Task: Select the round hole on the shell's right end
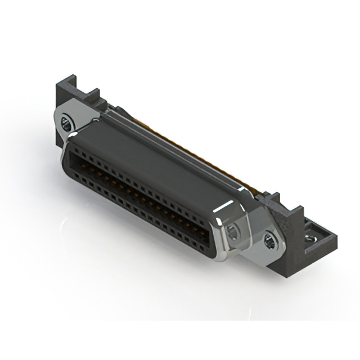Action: point(232,229)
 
